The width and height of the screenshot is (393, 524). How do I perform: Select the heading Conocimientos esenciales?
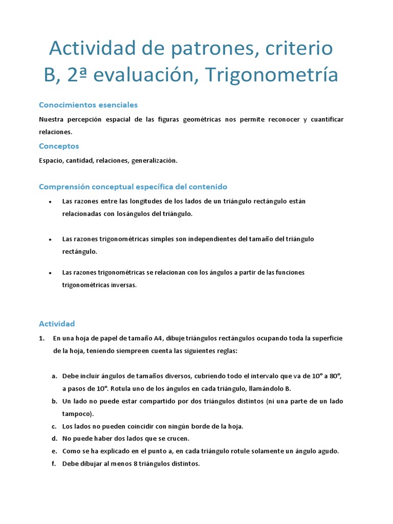point(89,105)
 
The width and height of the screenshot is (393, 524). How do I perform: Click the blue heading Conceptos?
point(59,146)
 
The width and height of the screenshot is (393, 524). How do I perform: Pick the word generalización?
point(154,160)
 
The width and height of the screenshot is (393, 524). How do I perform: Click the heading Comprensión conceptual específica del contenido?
point(133,187)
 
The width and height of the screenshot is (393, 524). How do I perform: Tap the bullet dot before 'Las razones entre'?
point(50,202)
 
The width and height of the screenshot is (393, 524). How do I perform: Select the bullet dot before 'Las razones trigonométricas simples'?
point(50,239)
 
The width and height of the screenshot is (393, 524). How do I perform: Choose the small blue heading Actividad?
point(57,323)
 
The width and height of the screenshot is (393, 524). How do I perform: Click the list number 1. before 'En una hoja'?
point(42,338)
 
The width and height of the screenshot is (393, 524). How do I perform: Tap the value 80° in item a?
point(335,376)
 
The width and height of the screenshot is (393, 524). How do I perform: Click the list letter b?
point(54,401)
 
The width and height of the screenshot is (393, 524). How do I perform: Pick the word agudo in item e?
point(328,451)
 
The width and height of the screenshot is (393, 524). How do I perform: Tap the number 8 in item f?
point(127,464)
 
